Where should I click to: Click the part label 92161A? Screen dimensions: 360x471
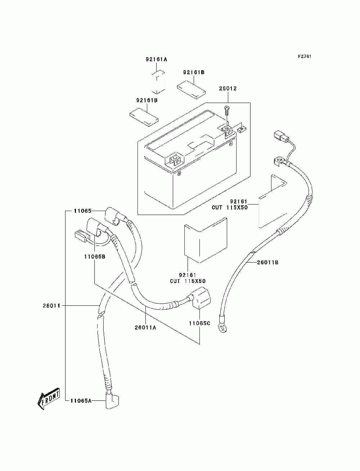point(156,59)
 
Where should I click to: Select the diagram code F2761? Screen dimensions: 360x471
point(305,57)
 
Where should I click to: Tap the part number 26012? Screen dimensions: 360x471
point(228,89)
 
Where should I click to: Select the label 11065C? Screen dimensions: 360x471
point(199,329)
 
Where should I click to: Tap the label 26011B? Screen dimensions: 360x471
point(268,263)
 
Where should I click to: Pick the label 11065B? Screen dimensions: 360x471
point(95,256)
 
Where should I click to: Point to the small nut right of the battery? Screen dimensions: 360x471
point(242,128)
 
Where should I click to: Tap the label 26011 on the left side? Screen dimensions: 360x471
point(51,306)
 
